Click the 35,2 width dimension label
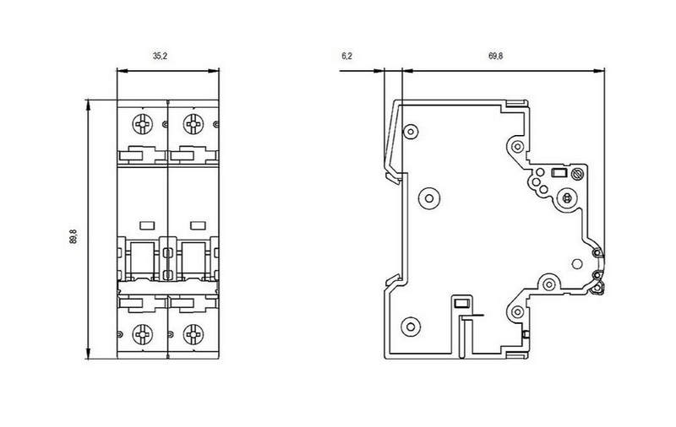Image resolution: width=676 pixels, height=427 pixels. (160, 56)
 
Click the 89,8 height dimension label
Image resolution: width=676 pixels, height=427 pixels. (73, 236)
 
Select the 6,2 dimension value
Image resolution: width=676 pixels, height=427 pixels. (347, 56)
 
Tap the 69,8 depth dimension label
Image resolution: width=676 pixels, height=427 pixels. (495, 56)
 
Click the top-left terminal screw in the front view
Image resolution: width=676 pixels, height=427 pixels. (142, 124)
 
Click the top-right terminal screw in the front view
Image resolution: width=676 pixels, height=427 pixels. (194, 124)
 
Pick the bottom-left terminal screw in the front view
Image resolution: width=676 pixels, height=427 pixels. (142, 334)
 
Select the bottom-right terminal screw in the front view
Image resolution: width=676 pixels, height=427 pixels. (194, 334)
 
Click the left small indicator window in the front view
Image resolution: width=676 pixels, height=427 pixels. (147, 225)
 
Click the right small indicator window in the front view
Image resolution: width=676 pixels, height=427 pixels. (198, 225)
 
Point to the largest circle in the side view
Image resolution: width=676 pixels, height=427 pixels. (429, 198)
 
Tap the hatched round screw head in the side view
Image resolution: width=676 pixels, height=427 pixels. (577, 175)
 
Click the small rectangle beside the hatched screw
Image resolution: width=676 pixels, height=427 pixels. (559, 174)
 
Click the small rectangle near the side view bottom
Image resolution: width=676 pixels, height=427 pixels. (461, 304)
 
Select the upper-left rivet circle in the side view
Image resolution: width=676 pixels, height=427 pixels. (410, 132)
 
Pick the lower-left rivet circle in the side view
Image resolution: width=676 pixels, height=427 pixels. (411, 327)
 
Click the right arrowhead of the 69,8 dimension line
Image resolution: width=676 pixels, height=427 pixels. (599, 71)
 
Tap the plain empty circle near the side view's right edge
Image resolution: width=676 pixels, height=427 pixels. (576, 264)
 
